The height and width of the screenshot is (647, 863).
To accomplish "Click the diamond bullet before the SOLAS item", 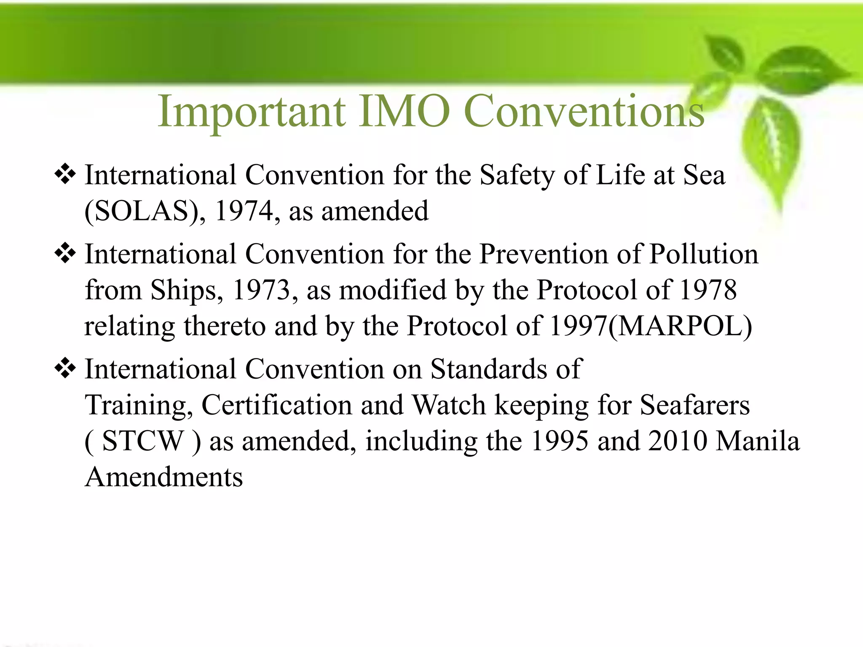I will (65, 174).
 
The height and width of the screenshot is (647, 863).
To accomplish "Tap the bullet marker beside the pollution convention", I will (65, 254).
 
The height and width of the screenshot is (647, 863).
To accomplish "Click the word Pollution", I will (703, 254).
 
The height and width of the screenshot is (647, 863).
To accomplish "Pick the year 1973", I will (261, 290).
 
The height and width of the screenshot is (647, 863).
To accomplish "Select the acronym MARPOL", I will (680, 326).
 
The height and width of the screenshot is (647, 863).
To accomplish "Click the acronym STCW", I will (143, 441).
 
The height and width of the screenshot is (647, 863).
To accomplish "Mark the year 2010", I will (677, 441).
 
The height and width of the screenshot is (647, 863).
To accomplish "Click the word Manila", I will (758, 441).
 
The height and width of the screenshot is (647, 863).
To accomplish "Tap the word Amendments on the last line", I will (164, 477).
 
